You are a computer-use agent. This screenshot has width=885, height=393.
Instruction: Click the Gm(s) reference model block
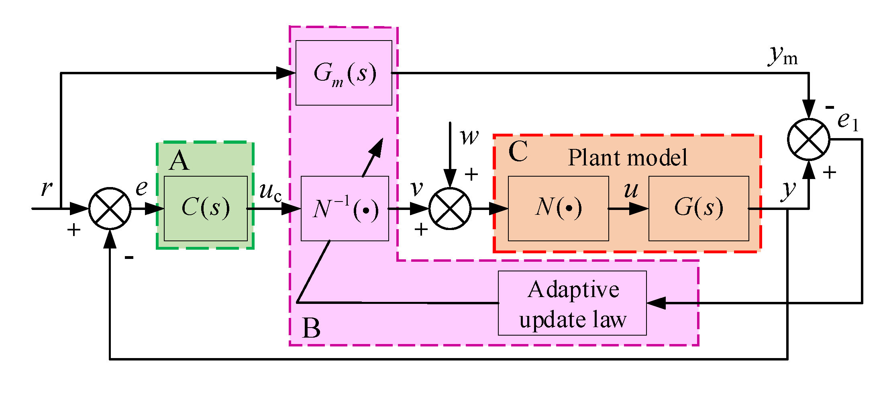pyautogui.click(x=344, y=73)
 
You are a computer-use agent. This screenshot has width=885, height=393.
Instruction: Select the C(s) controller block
pyautogui.click(x=206, y=208)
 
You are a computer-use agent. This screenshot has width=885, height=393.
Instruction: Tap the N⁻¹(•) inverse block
pyautogui.click(x=345, y=209)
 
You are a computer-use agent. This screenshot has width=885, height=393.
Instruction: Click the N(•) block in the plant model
pyautogui.click(x=558, y=208)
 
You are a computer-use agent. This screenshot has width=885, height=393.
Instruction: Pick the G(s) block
pyautogui.click(x=699, y=208)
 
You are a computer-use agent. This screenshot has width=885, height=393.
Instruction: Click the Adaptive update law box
pyautogui.click(x=572, y=303)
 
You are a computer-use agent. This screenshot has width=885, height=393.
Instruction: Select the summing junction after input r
pyautogui.click(x=110, y=208)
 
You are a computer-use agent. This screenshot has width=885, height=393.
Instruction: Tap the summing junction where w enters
pyautogui.click(x=450, y=208)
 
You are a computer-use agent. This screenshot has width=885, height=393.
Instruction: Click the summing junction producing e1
pyautogui.click(x=808, y=139)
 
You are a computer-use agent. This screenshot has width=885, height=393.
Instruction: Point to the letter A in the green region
pyautogui.click(x=179, y=161)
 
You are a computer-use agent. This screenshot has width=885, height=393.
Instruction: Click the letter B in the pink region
pyautogui.click(x=311, y=328)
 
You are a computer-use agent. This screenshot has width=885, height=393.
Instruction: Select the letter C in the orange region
pyautogui.click(x=518, y=152)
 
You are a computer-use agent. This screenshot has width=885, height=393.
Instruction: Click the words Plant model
pyautogui.click(x=627, y=157)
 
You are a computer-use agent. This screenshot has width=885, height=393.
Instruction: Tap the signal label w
pyautogui.click(x=469, y=137)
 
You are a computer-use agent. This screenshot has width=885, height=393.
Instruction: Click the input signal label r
pyautogui.click(x=47, y=187)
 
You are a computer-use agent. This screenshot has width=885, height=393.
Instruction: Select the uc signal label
pyautogui.click(x=270, y=191)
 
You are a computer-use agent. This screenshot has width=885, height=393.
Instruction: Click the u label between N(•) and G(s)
pyautogui.click(x=631, y=190)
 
